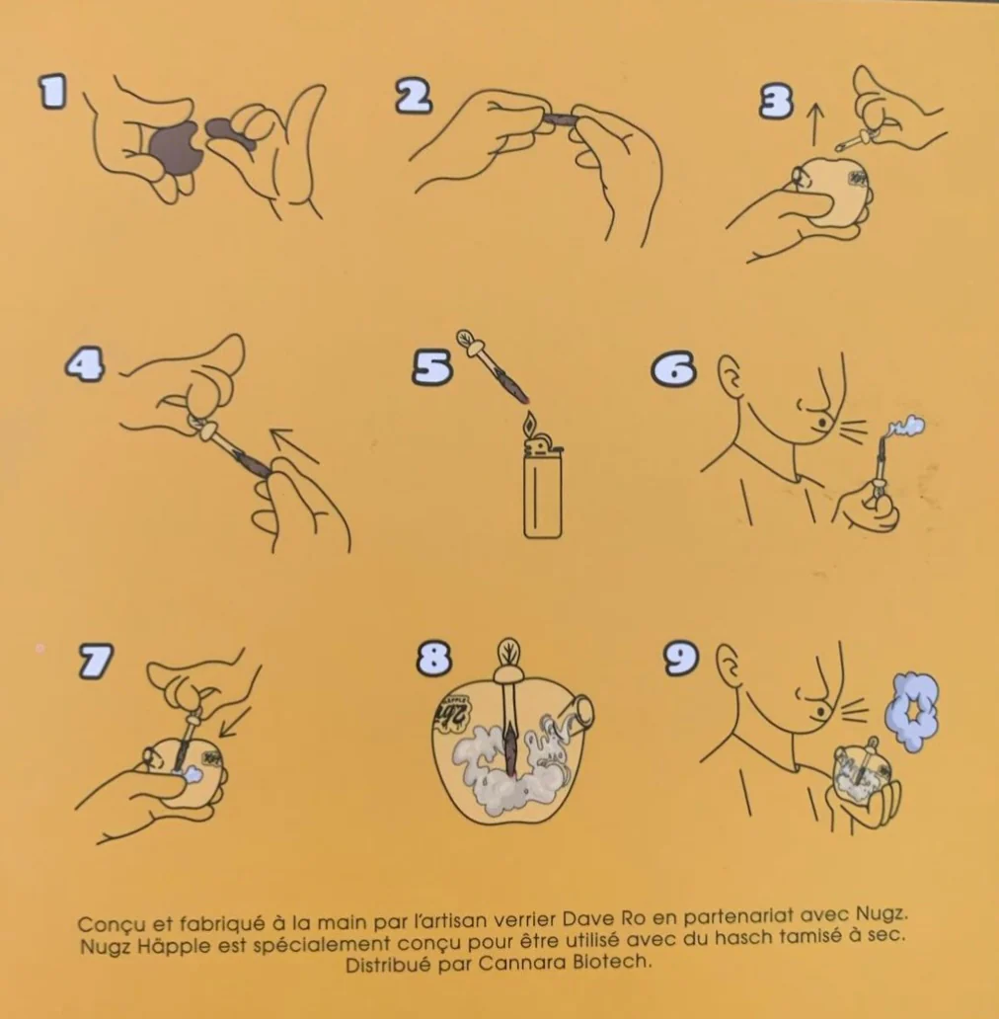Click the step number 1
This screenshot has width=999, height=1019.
pyautogui.click(x=52, y=92)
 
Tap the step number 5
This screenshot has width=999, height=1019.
pyautogui.click(x=432, y=368)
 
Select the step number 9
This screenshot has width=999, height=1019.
pyautogui.click(x=681, y=658)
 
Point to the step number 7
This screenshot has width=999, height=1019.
pyautogui.click(x=96, y=661)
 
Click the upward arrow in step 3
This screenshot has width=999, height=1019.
pyautogui.click(x=815, y=124)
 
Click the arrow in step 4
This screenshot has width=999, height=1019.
pyautogui.click(x=295, y=446)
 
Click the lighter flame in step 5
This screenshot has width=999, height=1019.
pyautogui.click(x=530, y=425)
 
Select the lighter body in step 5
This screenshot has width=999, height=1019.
pyautogui.click(x=542, y=492)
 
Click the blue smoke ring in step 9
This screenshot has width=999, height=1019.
pyautogui.click(x=912, y=712)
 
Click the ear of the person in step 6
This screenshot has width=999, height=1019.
pyautogui.click(x=730, y=377)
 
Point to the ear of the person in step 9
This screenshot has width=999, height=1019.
pyautogui.click(x=729, y=666)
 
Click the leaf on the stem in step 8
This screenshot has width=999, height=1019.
pyautogui.click(x=507, y=652)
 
